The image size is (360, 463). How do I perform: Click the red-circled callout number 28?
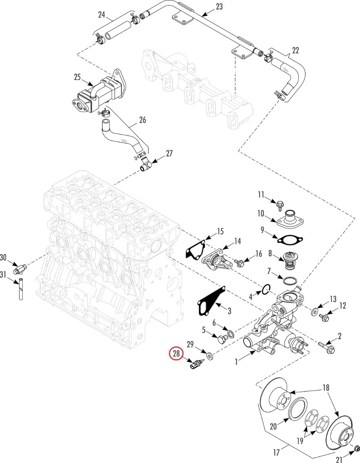click(177, 353)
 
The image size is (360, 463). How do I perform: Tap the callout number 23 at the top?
click(219, 7)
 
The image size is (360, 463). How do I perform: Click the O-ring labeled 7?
click(290, 281)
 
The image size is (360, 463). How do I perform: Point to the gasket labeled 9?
click(290, 240)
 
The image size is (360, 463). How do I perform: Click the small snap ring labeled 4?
click(266, 289)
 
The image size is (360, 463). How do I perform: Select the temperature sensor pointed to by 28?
click(197, 363)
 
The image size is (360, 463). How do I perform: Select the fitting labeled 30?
click(19, 269)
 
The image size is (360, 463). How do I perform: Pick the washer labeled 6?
click(230, 333)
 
